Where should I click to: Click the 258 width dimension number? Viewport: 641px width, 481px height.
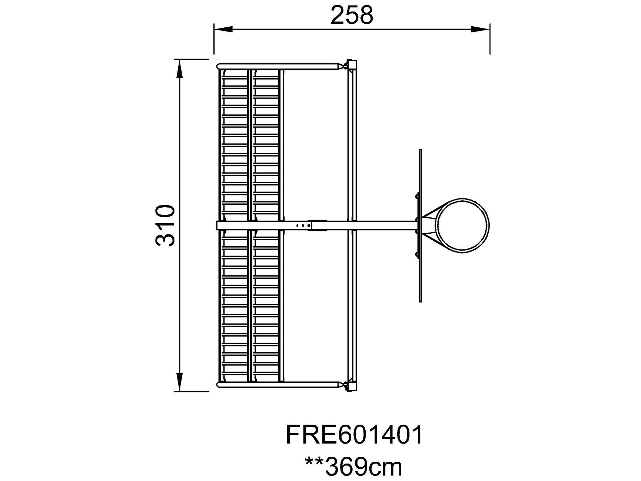point(352,16)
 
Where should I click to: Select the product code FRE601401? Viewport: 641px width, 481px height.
point(354,435)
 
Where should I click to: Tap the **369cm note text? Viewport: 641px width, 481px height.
point(353,467)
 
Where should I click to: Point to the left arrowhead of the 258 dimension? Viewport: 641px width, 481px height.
point(223,29)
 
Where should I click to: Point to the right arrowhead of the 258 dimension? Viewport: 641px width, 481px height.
point(481,29)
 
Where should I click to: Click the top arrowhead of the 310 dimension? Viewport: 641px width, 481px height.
point(179,69)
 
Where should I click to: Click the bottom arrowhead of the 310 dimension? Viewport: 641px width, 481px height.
point(179,382)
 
